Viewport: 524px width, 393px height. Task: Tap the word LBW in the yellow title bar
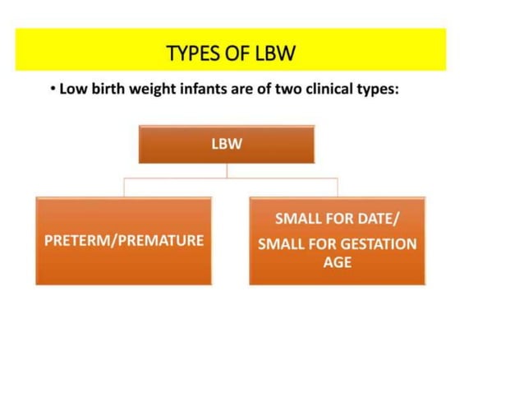point(275,54)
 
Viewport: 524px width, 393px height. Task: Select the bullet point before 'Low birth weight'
point(53,90)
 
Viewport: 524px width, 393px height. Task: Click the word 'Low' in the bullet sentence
point(72,89)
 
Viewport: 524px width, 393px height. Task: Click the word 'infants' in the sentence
point(203,89)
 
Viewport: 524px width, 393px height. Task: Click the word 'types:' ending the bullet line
point(377,90)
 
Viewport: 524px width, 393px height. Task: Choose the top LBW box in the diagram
point(227,145)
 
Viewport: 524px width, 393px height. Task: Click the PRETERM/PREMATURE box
point(123,241)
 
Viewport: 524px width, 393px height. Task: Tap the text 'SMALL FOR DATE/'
point(338,220)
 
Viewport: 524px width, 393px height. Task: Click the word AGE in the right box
point(338,263)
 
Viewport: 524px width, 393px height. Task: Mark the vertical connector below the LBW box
point(228,170)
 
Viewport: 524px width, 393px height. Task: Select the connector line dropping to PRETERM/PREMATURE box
point(124,187)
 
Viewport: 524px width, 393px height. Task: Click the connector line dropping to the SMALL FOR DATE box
point(338,187)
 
